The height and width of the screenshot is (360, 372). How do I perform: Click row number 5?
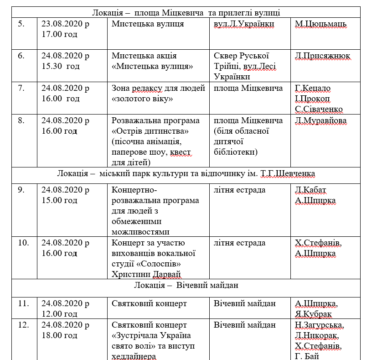pyautogui.click(x=21, y=24)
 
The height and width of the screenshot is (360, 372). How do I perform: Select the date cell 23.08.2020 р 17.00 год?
pyautogui.click(x=65, y=29)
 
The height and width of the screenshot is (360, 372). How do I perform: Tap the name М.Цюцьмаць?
pyautogui.click(x=321, y=24)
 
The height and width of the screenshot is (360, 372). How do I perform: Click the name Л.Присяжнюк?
pyautogui.click(x=323, y=56)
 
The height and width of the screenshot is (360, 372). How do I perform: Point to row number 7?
pyautogui.click(x=21, y=88)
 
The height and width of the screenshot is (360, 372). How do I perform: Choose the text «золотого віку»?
pyautogui.click(x=141, y=99)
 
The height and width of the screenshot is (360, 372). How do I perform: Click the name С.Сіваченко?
pyautogui.click(x=319, y=109)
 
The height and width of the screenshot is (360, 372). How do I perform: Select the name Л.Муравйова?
pyautogui.click(x=321, y=121)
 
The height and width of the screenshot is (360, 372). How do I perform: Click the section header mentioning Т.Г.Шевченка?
pyautogui.click(x=186, y=174)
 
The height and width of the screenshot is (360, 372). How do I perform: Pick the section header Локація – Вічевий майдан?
pyautogui.click(x=186, y=285)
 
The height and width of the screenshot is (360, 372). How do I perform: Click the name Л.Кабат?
pyautogui.click(x=311, y=190)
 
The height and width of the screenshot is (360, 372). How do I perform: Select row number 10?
pyautogui.click(x=23, y=243)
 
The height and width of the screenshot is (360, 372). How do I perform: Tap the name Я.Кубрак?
pyautogui.click(x=314, y=314)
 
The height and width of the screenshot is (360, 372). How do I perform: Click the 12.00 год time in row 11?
pyautogui.click(x=59, y=314)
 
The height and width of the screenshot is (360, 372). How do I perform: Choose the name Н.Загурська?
pyautogui.click(x=320, y=325)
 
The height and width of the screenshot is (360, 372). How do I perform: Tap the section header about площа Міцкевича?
pyautogui.click(x=186, y=13)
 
